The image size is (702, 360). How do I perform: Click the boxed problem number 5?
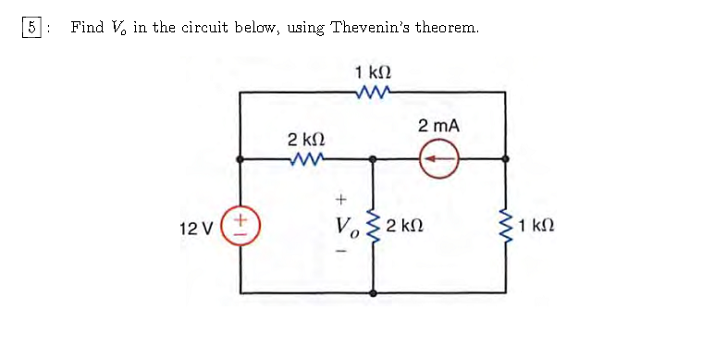(31, 27)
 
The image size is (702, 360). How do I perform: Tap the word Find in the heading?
(87, 27)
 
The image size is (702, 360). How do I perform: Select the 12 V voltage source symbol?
(241, 225)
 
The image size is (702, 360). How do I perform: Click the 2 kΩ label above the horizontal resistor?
(304, 139)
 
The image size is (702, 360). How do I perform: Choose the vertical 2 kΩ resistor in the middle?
(374, 226)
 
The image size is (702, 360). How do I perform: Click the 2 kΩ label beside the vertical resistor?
(406, 226)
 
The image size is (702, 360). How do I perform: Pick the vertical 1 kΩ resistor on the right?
(505, 226)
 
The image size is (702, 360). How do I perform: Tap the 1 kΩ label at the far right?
(538, 226)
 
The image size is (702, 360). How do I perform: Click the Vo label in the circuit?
(349, 226)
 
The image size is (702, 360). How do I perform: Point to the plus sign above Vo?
(340, 198)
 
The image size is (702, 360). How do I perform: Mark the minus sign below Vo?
(340, 251)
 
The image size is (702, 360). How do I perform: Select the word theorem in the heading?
(447, 27)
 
